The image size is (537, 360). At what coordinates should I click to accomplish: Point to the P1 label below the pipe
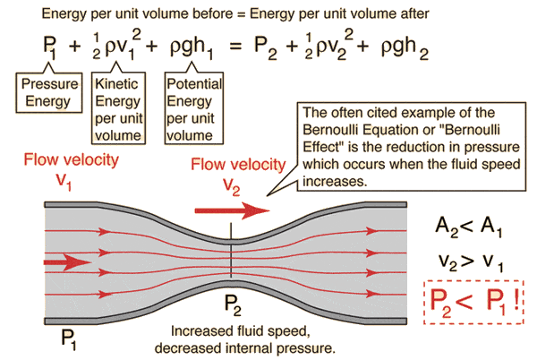click(x=68, y=337)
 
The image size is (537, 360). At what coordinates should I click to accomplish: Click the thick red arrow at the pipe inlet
click(x=63, y=262)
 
